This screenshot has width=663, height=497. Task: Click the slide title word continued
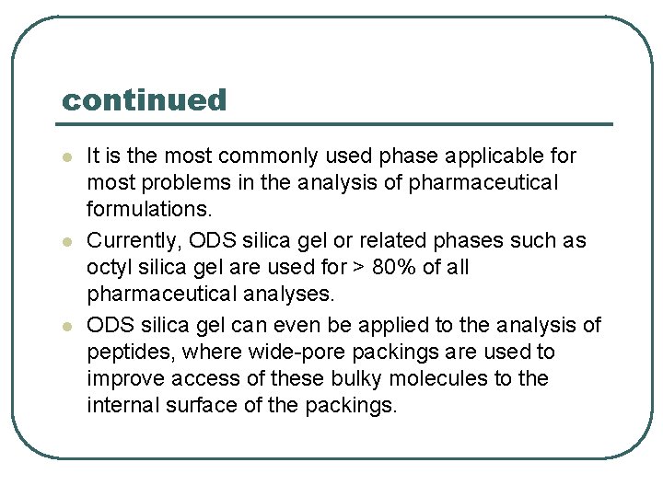pos(144,100)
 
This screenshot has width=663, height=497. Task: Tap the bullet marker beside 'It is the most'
pos(65,158)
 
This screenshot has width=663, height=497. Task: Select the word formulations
pos(148,211)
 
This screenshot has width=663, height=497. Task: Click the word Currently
pos(134,241)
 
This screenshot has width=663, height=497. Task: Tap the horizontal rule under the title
pos(337,124)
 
